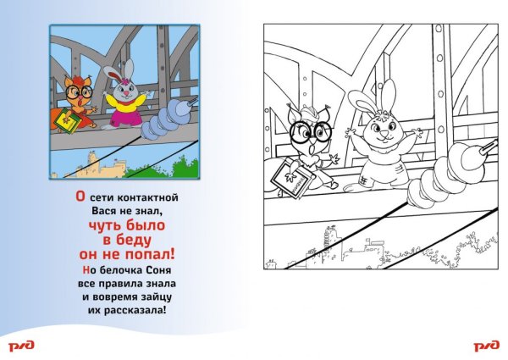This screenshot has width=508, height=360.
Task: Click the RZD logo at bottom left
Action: click(21, 346)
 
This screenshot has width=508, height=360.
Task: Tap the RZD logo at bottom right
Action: click(487, 346)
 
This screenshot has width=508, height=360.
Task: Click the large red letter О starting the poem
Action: click(80, 197)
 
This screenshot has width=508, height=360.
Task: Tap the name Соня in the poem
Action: click(159, 270)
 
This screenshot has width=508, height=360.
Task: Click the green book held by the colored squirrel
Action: click(68, 120)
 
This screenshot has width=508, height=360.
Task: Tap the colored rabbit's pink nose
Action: click(125, 94)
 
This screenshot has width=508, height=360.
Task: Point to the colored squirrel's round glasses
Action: click(79, 92)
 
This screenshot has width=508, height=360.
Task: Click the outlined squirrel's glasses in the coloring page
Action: click(311, 131)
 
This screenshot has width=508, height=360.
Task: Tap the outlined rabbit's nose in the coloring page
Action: click(384, 134)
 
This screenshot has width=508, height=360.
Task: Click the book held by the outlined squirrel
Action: click(293, 179)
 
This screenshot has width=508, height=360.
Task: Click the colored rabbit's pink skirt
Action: click(124, 117)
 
